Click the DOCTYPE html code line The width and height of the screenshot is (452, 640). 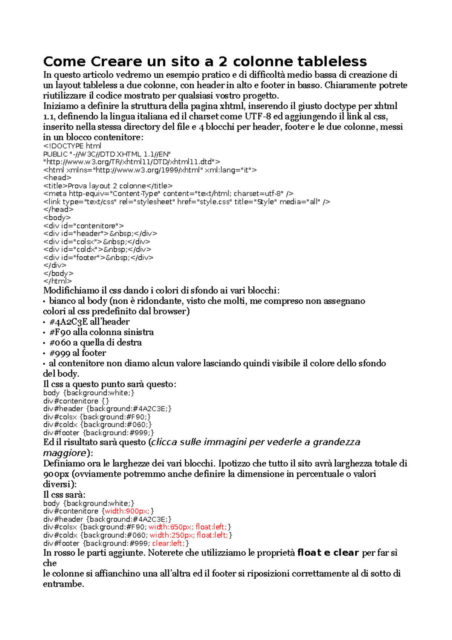pyautogui.click(x=72, y=146)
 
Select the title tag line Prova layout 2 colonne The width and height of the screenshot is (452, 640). pyautogui.click(x=108, y=186)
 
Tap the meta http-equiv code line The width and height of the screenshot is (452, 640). pyautogui.click(x=168, y=194)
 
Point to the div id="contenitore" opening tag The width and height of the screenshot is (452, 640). pyautogui.click(x=84, y=226)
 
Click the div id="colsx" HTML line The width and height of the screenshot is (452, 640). pyautogui.click(x=97, y=242)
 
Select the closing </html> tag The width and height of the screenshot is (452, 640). pyautogui.click(x=57, y=281)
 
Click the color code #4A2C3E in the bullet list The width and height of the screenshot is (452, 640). pyautogui.click(x=69, y=322)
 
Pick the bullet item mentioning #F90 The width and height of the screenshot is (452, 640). pyautogui.click(x=101, y=332)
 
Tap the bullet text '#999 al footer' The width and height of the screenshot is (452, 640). pyautogui.click(x=78, y=353)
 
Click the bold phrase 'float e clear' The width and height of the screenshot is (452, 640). pyautogui.click(x=328, y=553)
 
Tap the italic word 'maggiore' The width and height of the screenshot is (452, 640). pyautogui.click(x=65, y=453)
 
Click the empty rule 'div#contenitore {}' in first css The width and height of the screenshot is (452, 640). pyautogui.click(x=76, y=401)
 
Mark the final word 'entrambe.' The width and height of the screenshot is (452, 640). pyautogui.click(x=63, y=584)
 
